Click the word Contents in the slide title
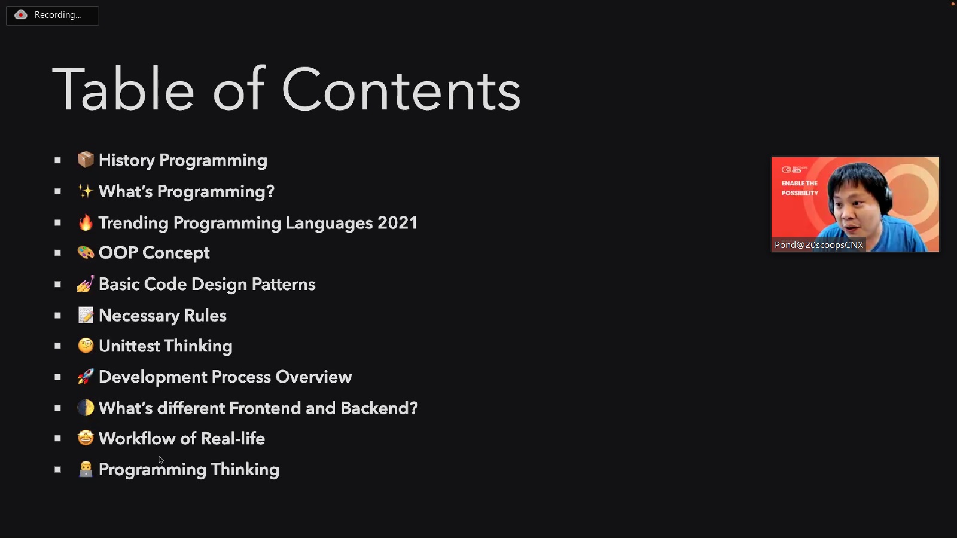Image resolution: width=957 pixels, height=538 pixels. click(401, 90)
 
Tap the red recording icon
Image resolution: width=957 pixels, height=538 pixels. click(20, 15)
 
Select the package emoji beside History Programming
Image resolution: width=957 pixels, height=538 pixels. click(86, 160)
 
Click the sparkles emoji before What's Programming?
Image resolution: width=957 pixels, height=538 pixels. click(86, 191)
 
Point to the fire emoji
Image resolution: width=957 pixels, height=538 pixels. click(86, 222)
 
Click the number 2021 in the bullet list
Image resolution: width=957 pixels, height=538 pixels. click(397, 223)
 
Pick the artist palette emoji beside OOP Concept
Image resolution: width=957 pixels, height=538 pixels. click(86, 253)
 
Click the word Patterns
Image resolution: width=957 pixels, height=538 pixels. click(284, 285)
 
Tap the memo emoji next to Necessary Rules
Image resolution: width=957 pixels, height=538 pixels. click(86, 315)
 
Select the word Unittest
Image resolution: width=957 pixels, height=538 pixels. click(129, 346)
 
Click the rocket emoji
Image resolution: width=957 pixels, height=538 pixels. click(86, 377)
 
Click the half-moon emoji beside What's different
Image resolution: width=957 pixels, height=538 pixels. click(86, 408)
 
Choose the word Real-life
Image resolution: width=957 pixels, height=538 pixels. click(233, 439)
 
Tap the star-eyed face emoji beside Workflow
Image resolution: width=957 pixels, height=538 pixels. click(86, 438)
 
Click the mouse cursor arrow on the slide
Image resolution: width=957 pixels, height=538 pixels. click(161, 460)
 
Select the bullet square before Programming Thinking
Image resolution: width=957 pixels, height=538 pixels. click(57, 470)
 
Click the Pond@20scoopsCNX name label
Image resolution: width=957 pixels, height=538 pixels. click(819, 244)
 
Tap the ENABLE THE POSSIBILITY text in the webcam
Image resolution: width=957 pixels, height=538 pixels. click(800, 188)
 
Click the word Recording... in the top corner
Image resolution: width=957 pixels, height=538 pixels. click(58, 15)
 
